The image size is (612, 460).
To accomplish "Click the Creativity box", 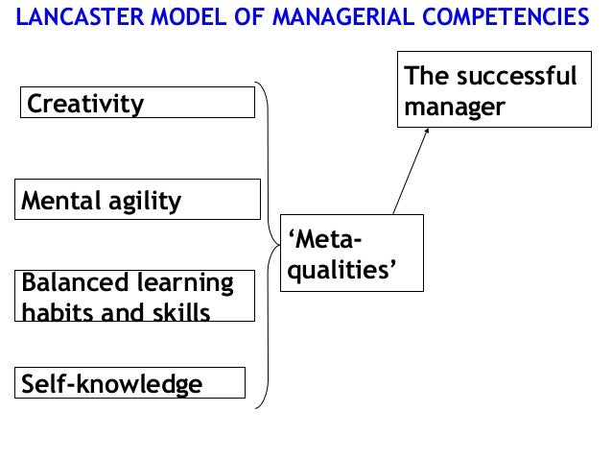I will coord(137,102).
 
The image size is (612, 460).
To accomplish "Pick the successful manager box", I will coord(492,92).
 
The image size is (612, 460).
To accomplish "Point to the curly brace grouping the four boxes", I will coord(268,246).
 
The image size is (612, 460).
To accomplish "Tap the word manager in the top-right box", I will coord(454,108).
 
